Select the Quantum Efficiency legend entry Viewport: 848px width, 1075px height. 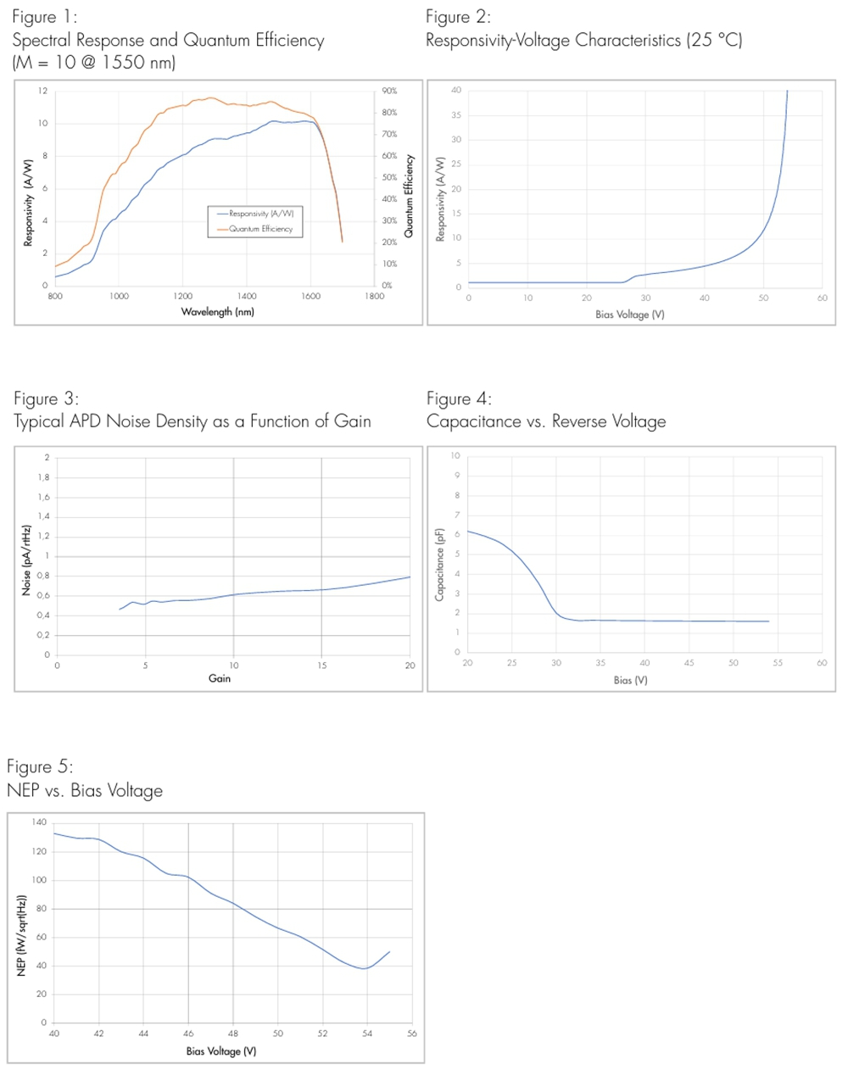point(260,229)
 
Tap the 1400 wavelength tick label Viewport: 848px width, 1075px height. point(247,297)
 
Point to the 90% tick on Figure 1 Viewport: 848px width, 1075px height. point(389,91)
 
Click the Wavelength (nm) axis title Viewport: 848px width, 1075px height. point(217,312)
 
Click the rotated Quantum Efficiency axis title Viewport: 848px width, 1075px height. point(409,196)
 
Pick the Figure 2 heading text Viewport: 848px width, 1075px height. point(458,17)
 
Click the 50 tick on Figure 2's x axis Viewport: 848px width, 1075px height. point(763,298)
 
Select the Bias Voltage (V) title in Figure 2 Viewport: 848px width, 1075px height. point(629,315)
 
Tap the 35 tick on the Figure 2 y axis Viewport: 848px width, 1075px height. point(456,115)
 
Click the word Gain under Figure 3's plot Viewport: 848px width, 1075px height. point(220,678)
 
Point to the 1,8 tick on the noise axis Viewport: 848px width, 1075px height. point(43,477)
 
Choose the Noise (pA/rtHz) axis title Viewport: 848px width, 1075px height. point(26,560)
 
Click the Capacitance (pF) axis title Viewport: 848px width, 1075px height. point(439,565)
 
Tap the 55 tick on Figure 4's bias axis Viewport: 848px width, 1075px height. point(778,663)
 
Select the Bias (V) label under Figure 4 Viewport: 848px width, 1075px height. point(630,680)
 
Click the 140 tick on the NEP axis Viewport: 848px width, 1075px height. point(40,822)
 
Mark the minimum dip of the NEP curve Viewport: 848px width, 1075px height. point(365,968)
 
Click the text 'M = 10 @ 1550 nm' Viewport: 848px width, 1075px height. point(93,63)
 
